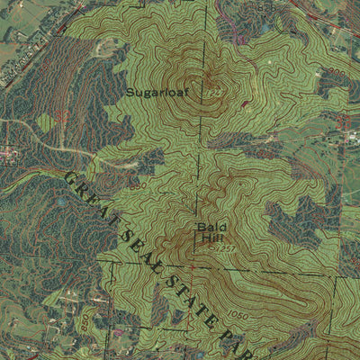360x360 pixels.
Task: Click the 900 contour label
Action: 337,71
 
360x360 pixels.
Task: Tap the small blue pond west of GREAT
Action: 59,202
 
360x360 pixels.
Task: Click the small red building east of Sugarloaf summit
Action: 244,105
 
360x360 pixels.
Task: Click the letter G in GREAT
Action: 69,177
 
